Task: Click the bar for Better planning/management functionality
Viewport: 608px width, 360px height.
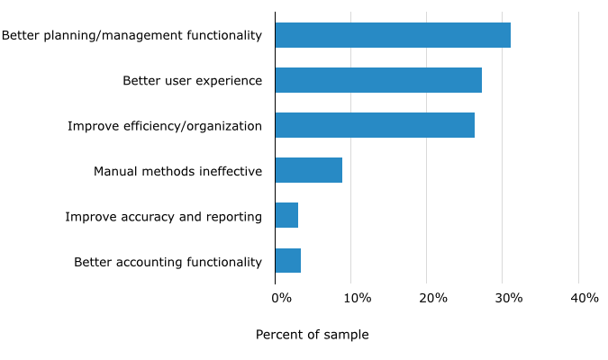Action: (x=393, y=35)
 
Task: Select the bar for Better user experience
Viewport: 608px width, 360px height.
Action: (x=378, y=80)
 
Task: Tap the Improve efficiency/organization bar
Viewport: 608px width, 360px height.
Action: (x=375, y=125)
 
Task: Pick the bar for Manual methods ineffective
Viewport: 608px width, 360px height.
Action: (x=308, y=170)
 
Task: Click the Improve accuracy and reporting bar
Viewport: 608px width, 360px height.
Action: (x=286, y=215)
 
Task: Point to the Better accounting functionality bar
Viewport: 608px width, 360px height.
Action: (x=287, y=260)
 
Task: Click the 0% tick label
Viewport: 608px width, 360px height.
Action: (x=281, y=298)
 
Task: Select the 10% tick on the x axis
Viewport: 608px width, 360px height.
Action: (x=357, y=298)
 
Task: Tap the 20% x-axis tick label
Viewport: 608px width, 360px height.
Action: (x=432, y=298)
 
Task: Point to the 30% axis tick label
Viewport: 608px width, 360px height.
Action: (x=508, y=298)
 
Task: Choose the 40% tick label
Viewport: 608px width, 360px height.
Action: (x=584, y=298)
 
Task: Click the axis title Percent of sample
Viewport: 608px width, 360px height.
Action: (x=312, y=335)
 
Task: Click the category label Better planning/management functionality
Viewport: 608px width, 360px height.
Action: (x=132, y=36)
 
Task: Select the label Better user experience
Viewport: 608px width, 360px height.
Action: (x=192, y=81)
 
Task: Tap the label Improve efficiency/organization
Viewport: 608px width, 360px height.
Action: (x=165, y=126)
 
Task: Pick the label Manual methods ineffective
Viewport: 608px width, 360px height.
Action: (x=177, y=171)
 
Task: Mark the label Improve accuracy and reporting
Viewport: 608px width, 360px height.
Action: (x=163, y=217)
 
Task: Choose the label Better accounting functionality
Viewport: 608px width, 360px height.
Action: (x=168, y=262)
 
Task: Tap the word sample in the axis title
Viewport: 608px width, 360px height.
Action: (x=347, y=335)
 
